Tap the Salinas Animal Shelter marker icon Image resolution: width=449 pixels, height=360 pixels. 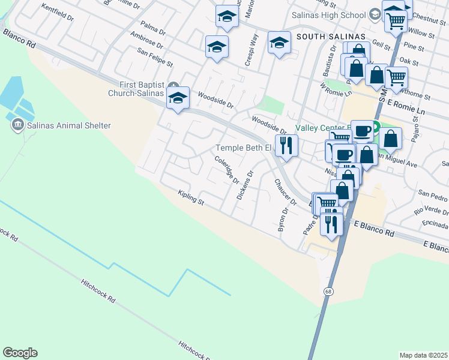(17, 125)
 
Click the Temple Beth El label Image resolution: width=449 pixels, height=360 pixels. (244, 148)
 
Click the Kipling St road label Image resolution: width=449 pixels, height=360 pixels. (191, 197)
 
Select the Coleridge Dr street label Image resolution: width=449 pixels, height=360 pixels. (227, 170)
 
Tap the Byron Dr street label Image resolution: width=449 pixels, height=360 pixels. (282, 220)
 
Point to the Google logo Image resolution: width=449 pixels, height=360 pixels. (20, 353)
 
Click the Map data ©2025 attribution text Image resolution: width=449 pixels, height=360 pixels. (423, 355)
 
